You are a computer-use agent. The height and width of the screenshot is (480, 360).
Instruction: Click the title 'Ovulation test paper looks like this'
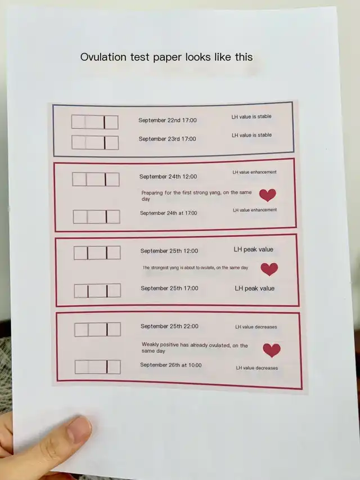[166, 57]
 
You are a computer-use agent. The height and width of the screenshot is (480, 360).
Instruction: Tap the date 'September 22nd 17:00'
[168, 120]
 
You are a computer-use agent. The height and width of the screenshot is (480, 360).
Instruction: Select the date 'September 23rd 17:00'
[167, 139]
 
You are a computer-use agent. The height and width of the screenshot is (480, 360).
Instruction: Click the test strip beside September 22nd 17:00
[95, 122]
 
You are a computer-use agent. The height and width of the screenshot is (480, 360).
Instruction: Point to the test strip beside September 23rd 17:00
[95, 143]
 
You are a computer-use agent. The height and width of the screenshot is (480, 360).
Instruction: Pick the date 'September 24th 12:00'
[168, 177]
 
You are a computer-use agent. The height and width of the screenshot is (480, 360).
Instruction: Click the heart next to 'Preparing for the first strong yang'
[268, 195]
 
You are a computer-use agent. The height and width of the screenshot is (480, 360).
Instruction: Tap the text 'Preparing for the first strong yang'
[179, 193]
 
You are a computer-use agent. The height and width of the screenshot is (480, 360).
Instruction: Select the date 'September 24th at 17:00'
[168, 213]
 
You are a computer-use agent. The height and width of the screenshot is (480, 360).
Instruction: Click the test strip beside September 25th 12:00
[97, 253]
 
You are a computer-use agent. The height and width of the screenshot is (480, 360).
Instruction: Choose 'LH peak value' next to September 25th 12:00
[254, 249]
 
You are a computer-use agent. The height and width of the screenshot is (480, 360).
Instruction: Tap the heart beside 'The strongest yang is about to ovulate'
[269, 270]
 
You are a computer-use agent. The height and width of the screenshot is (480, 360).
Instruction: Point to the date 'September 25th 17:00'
[169, 288]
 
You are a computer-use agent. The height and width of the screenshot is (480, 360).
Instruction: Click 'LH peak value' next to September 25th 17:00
[254, 288]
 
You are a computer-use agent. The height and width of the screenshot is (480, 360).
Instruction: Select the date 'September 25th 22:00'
[169, 326]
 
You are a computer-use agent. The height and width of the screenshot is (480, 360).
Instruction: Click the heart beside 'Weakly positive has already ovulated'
[272, 351]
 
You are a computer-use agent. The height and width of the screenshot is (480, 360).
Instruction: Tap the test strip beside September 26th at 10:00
[98, 367]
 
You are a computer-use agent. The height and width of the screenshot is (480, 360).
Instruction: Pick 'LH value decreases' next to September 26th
[257, 368]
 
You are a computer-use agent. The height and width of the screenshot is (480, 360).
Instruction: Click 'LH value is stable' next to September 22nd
[251, 116]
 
